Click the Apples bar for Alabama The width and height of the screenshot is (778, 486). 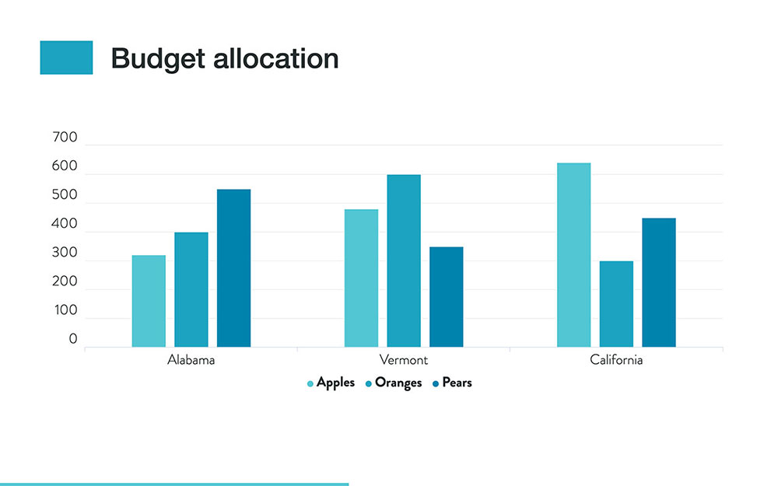pyautogui.click(x=149, y=301)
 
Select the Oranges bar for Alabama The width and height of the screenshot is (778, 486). pyautogui.click(x=191, y=289)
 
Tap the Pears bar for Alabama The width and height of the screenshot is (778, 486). pyautogui.click(x=233, y=268)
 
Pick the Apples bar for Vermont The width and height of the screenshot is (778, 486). pyautogui.click(x=361, y=278)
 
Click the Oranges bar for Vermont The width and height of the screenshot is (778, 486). pyautogui.click(x=404, y=260)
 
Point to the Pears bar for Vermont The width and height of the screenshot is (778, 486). pyautogui.click(x=446, y=296)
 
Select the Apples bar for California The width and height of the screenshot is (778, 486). pyautogui.click(x=573, y=255)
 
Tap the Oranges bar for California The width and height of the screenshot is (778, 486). pyautogui.click(x=616, y=303)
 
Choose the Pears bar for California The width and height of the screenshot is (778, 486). pyautogui.click(x=658, y=282)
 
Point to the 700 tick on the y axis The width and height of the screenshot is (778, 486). pyautogui.click(x=65, y=138)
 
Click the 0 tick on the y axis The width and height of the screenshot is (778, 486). pyautogui.click(x=72, y=340)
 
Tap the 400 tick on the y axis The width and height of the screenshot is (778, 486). pyautogui.click(x=65, y=225)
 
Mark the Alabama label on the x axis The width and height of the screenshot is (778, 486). pyautogui.click(x=191, y=361)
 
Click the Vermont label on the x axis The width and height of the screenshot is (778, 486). pyautogui.click(x=403, y=361)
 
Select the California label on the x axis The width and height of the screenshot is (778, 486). pyautogui.click(x=616, y=361)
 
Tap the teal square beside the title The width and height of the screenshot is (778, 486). pyautogui.click(x=66, y=58)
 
